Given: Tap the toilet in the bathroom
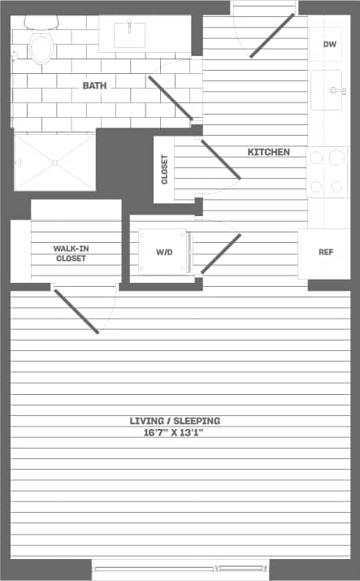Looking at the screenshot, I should [40, 46].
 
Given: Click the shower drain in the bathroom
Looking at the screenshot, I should [54, 163].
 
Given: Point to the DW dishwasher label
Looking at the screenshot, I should [330, 44].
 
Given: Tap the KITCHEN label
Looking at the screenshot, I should [268, 152].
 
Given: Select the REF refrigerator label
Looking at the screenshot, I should [326, 252].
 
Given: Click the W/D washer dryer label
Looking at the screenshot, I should [165, 252].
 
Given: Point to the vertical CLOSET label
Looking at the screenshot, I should [164, 170].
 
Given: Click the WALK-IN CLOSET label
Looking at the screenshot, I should [72, 253].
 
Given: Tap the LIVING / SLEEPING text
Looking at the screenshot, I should [175, 421].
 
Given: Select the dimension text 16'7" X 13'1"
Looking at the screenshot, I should [175, 433].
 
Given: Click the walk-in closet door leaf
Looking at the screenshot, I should [76, 310].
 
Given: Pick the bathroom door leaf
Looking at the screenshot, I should [171, 98].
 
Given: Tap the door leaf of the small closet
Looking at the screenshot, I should [220, 158].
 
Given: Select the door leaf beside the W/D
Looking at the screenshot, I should [221, 253].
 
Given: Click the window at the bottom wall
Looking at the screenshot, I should [180, 568].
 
